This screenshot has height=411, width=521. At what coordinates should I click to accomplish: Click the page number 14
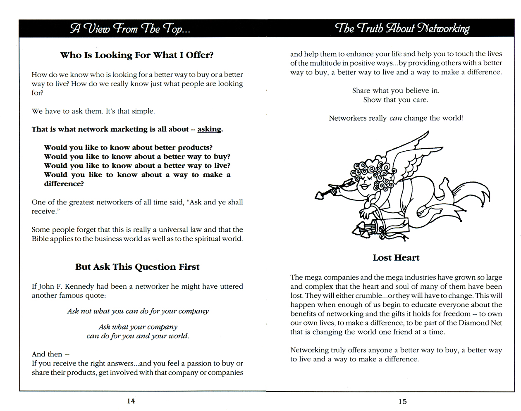click(131, 401)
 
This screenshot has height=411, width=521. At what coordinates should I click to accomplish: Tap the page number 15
click(402, 401)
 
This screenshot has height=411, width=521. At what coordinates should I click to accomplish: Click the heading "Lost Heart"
click(396, 258)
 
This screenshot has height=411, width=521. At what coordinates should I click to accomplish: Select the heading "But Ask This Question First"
click(137, 267)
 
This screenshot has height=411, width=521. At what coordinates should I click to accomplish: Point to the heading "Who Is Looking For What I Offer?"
click(137, 55)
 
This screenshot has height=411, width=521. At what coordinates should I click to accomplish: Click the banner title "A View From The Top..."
click(130, 29)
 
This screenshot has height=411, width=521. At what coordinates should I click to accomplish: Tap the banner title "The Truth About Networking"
click(402, 28)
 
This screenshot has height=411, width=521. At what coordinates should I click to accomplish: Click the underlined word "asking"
click(209, 129)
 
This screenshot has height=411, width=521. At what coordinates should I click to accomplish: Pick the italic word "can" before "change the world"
click(395, 118)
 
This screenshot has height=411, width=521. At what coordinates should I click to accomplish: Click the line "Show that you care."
click(396, 100)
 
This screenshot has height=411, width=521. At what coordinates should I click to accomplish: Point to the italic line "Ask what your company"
click(138, 327)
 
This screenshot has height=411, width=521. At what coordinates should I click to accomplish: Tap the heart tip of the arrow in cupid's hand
click(320, 195)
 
